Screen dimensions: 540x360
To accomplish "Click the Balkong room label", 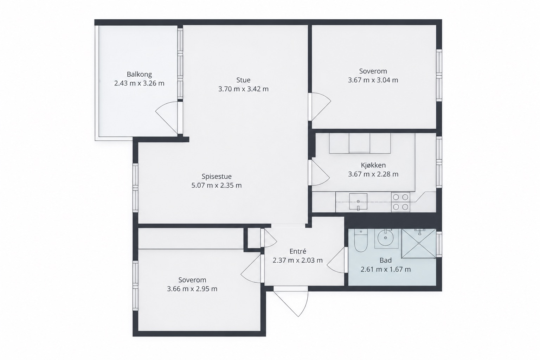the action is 139,74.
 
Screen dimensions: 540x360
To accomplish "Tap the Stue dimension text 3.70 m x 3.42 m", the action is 244,89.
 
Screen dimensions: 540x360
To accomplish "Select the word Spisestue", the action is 217,176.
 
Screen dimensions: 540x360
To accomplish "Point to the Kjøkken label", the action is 373,165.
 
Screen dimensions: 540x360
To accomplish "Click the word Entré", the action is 298,251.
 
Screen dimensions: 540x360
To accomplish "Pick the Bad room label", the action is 385,261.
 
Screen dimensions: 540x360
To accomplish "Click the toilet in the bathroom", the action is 361,240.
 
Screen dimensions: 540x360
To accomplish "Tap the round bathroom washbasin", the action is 386,238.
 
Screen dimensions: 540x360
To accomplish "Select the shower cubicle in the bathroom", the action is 419,243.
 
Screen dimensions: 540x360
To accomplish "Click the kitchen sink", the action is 358,201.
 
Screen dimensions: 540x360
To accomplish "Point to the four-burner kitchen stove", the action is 400,202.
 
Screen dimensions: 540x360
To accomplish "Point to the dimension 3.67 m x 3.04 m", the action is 373,80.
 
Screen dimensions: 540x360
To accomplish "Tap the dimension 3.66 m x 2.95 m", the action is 192,289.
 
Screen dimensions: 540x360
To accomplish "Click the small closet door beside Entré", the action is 270,238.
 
